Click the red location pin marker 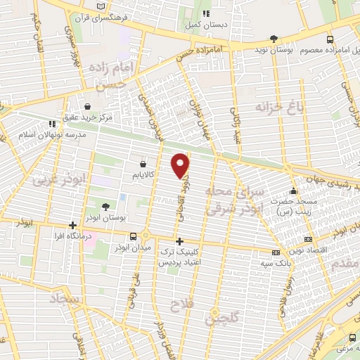[181, 165]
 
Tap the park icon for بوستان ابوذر [105, 206]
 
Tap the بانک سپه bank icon [276, 252]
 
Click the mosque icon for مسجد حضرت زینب [294, 192]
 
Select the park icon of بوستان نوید [274, 39]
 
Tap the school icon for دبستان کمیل [206, 13]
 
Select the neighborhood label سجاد [67, 300]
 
